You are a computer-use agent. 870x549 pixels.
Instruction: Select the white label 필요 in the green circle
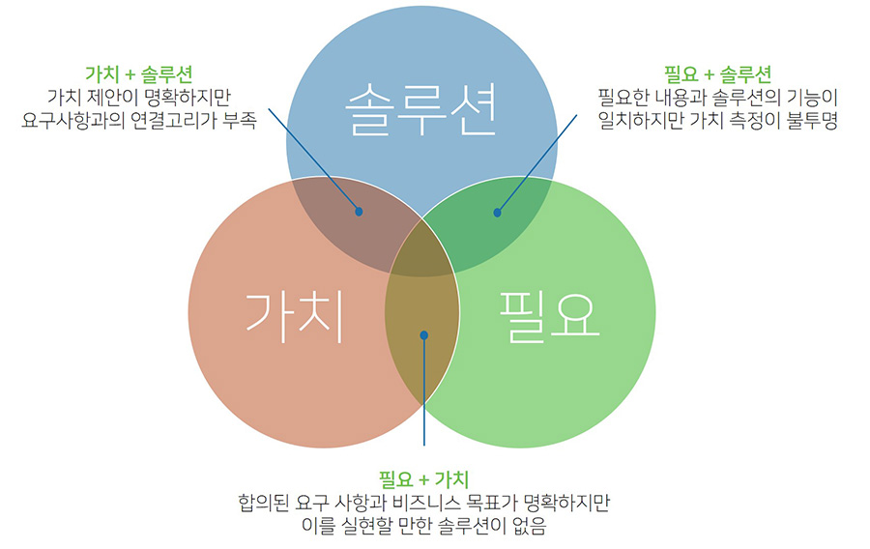point(550,316)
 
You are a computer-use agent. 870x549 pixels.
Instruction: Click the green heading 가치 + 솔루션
point(138,73)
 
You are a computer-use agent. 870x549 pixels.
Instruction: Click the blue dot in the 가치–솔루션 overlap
point(359,211)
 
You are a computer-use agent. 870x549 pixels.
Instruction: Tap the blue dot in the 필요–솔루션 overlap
point(498,212)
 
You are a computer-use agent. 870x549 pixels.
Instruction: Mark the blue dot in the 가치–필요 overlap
point(424,335)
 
